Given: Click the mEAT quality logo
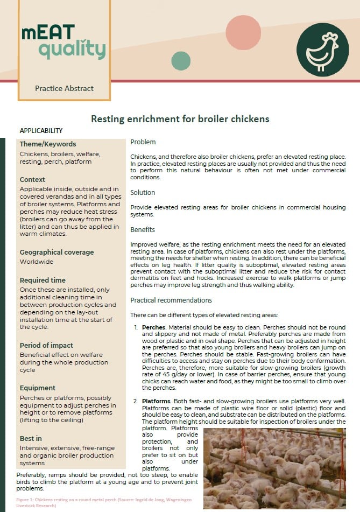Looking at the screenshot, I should pos(63,41).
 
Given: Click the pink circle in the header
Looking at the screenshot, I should pos(243,33).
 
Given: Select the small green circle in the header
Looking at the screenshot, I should pos(181,61).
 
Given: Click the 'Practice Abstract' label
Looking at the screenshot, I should pos(64,88).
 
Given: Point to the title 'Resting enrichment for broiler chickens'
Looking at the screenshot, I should pos(180,118).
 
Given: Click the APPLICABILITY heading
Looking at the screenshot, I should pos(41,131).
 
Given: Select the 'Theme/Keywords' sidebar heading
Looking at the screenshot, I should pos(48,144).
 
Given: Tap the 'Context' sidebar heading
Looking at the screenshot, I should pos(32,180).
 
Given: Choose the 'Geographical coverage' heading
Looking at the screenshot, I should pos(57,253).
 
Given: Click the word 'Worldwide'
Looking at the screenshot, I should pos(37,262).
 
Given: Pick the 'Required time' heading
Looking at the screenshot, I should pos(43,280).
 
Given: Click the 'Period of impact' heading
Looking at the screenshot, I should pos(46,346).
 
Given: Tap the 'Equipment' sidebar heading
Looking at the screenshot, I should pos(38,388).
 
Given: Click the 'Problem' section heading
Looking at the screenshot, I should pos(143,142).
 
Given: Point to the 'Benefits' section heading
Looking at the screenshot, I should pos(143,230).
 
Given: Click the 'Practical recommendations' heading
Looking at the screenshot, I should pos(171,300).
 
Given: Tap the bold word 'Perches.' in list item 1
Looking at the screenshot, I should pos(154,327).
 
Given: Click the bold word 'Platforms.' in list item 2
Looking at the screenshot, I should pos(157,402).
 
